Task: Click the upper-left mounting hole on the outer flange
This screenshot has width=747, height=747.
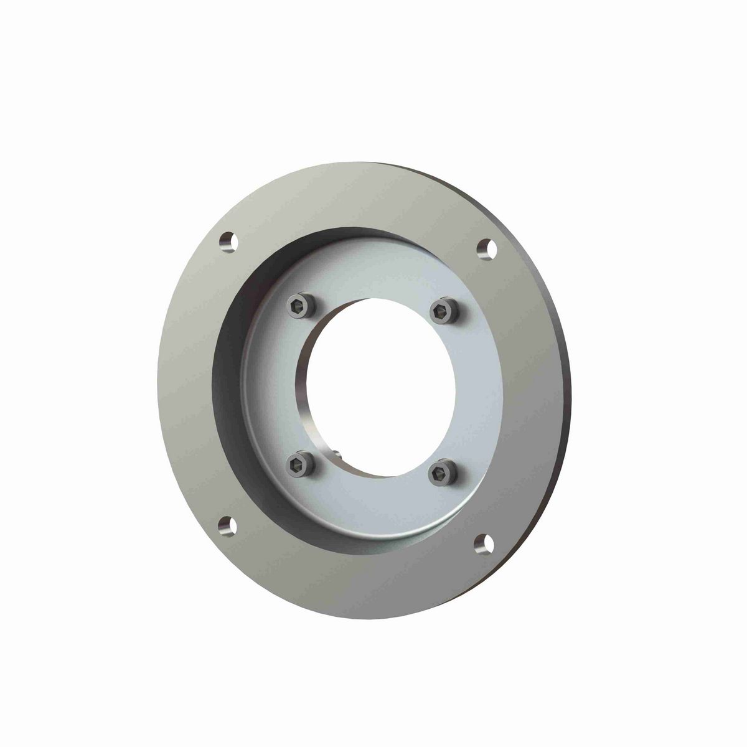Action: point(228,242)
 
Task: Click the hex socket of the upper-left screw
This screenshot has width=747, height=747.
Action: point(298,304)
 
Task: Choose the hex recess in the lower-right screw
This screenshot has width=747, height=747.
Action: point(441,471)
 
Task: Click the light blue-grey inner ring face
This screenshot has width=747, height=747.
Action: point(479,398)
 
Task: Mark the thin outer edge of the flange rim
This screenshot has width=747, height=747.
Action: point(568,398)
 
